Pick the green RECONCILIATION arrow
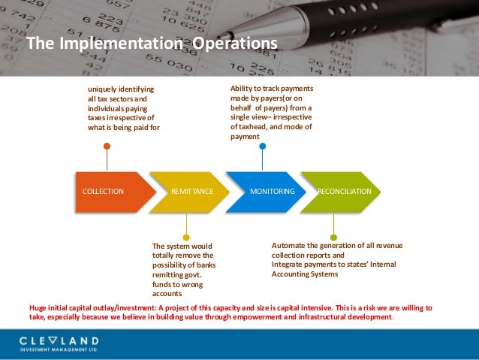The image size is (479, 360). tap(342, 192)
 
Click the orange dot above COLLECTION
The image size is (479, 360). tap(107, 146)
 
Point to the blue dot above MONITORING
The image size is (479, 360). tap(262, 146)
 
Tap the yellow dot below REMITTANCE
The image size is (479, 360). tap(186, 237)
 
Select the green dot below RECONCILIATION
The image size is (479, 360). tap(334, 237)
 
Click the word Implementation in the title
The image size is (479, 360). tap(119, 44)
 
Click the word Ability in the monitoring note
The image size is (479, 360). tap(241, 89)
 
